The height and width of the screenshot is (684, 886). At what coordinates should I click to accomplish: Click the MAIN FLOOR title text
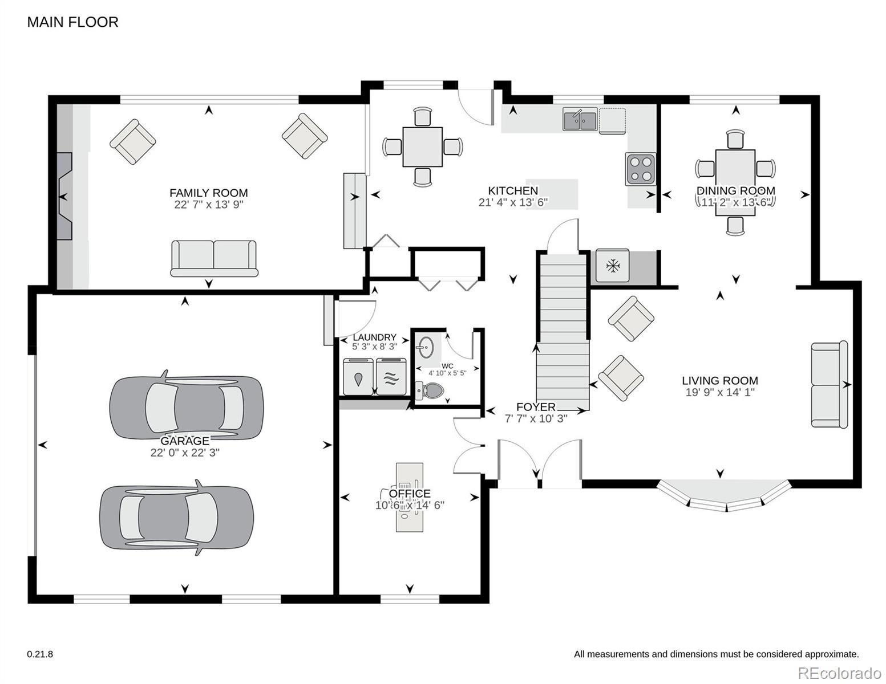click(x=72, y=22)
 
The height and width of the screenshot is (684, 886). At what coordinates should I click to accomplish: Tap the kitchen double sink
click(x=580, y=119)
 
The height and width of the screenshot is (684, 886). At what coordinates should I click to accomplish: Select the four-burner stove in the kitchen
click(x=641, y=169)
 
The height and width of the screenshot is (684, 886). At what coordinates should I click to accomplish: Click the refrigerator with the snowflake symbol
click(x=612, y=266)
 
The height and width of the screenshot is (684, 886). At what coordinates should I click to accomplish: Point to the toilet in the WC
click(x=430, y=390)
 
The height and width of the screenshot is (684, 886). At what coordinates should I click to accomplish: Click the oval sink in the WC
click(x=426, y=347)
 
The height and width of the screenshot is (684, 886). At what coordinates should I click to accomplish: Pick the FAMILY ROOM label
click(x=208, y=193)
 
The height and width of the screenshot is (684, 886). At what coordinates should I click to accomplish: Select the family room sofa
click(x=214, y=259)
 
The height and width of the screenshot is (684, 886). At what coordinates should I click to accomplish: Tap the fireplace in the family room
click(x=64, y=196)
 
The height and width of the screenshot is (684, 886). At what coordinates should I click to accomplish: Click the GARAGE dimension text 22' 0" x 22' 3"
click(x=185, y=453)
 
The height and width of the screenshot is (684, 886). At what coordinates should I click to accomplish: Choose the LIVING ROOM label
click(x=719, y=381)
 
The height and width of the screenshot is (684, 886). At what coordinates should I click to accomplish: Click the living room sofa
click(x=830, y=384)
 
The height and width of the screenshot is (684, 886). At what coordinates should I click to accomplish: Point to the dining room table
click(x=735, y=182)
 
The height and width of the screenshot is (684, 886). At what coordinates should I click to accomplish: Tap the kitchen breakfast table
click(x=422, y=146)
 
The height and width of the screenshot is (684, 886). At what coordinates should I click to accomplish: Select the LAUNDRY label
click(x=374, y=337)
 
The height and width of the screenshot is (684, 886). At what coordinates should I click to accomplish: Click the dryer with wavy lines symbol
click(x=391, y=377)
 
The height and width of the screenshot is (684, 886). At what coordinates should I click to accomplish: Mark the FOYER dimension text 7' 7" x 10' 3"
click(x=536, y=418)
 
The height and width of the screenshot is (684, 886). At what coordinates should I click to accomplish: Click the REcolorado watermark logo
click(x=845, y=673)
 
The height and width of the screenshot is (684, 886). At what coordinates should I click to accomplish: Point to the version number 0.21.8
click(x=40, y=654)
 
